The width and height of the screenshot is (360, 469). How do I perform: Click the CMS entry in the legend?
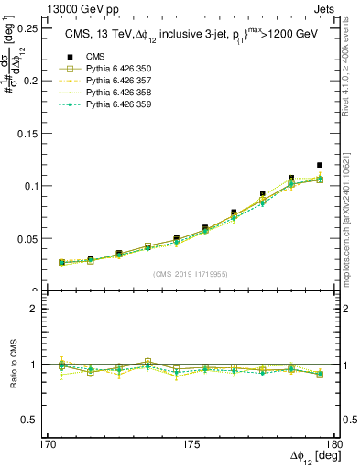click(97, 58)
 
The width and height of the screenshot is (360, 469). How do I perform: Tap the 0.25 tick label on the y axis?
click(26, 28)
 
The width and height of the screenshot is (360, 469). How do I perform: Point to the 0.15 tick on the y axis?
click(26, 134)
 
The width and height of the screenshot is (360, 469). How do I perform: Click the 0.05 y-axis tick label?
click(26, 239)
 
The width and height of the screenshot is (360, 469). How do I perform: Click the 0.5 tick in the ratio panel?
click(32, 420)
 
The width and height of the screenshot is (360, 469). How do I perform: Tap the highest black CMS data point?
click(320, 165)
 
